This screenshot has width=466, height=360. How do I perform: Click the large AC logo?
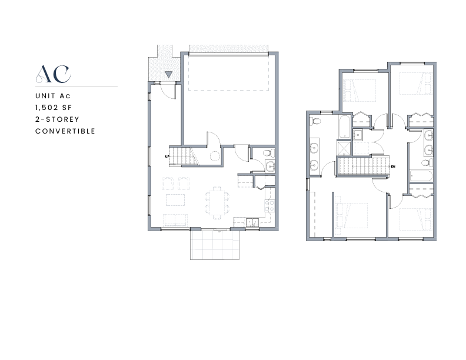(x=54, y=74)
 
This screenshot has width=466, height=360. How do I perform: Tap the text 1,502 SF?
(x=54, y=108)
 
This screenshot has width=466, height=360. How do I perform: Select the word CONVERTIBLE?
(x=65, y=131)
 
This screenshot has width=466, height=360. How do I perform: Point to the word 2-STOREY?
(x=57, y=119)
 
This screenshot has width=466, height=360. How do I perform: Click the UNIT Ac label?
(x=53, y=96)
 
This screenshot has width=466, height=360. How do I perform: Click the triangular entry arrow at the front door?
(x=168, y=75)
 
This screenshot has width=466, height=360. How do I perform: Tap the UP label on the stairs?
(x=167, y=156)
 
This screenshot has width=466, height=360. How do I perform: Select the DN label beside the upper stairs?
(x=393, y=166)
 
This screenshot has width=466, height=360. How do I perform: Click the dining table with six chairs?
(x=217, y=203)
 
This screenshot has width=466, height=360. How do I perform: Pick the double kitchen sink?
(x=252, y=222)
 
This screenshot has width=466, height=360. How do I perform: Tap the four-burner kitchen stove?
(x=269, y=205)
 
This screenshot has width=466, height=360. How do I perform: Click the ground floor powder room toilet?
(x=268, y=154)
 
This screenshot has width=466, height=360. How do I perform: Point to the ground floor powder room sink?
(x=270, y=166)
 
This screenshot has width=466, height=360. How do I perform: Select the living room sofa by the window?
(x=175, y=220)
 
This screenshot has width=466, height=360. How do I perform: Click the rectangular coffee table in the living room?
(x=175, y=200)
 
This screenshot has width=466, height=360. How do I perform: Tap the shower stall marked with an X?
(x=344, y=148)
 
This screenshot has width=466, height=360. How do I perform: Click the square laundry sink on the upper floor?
(x=358, y=135)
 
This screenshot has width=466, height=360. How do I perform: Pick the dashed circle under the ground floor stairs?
(x=215, y=156)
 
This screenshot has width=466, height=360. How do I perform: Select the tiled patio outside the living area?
(x=215, y=245)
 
